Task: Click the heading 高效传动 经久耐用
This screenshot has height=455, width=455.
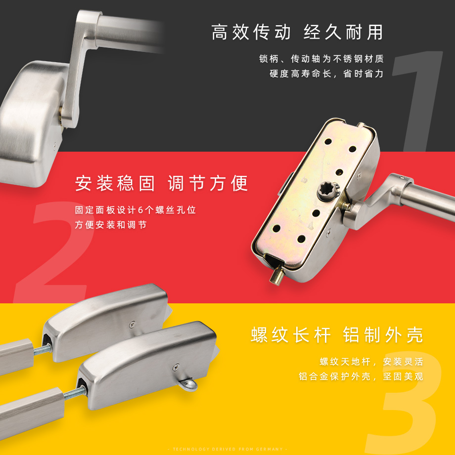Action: pyautogui.click(x=297, y=32)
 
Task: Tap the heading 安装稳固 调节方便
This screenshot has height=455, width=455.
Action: pyautogui.click(x=162, y=183)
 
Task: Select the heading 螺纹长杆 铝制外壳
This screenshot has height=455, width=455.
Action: pyautogui.click(x=337, y=335)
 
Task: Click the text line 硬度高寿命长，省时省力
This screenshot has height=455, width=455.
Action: pyautogui.click(x=326, y=74)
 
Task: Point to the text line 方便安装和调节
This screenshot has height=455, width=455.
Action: pyautogui.click(x=111, y=225)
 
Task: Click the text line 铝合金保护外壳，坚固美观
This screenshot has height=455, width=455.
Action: pyautogui.click(x=361, y=376)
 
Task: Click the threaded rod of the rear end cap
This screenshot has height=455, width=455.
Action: pyautogui.click(x=43, y=350)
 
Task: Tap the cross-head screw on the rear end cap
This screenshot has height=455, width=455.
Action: pyautogui.click(x=133, y=325)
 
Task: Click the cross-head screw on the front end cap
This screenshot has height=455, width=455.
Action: pyautogui.click(x=176, y=368)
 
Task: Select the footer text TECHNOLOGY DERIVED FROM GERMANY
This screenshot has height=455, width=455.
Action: pyautogui.click(x=227, y=449)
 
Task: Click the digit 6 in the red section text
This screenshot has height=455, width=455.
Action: pyautogui.click(x=140, y=210)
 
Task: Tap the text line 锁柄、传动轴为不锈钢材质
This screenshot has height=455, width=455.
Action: pyautogui.click(x=321, y=59)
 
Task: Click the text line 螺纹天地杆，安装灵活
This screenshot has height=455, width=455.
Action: pyautogui.click(x=371, y=362)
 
